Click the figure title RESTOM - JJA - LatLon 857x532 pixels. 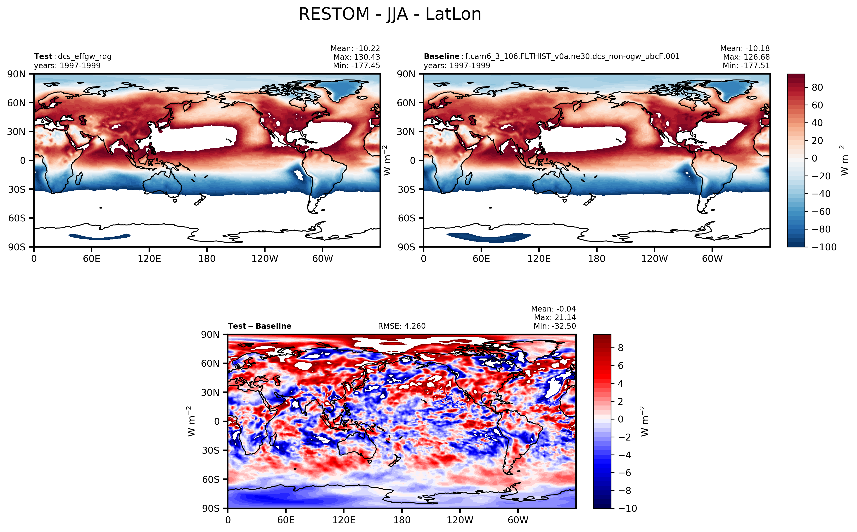pyautogui.click(x=389, y=14)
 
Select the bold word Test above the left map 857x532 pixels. pyautogui.click(x=43, y=57)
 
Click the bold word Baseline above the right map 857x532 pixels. pyautogui.click(x=441, y=57)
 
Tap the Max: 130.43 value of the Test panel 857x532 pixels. pyautogui.click(x=356, y=57)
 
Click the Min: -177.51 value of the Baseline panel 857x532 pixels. pyautogui.click(x=746, y=66)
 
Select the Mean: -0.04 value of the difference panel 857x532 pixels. pyautogui.click(x=553, y=309)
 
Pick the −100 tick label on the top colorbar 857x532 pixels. pyautogui.click(x=824, y=247)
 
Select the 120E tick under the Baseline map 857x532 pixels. pyautogui.click(x=539, y=259)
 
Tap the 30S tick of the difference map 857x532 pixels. pyautogui.click(x=210, y=451)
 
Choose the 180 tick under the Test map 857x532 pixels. pyautogui.click(x=207, y=259)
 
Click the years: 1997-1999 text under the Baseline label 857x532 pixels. pyautogui.click(x=457, y=66)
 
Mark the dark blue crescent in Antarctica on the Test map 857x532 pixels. pyautogui.click(x=100, y=237)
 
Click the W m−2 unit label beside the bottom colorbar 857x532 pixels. pyautogui.click(x=644, y=421)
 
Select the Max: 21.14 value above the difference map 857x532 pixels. pyautogui.click(x=555, y=318)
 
